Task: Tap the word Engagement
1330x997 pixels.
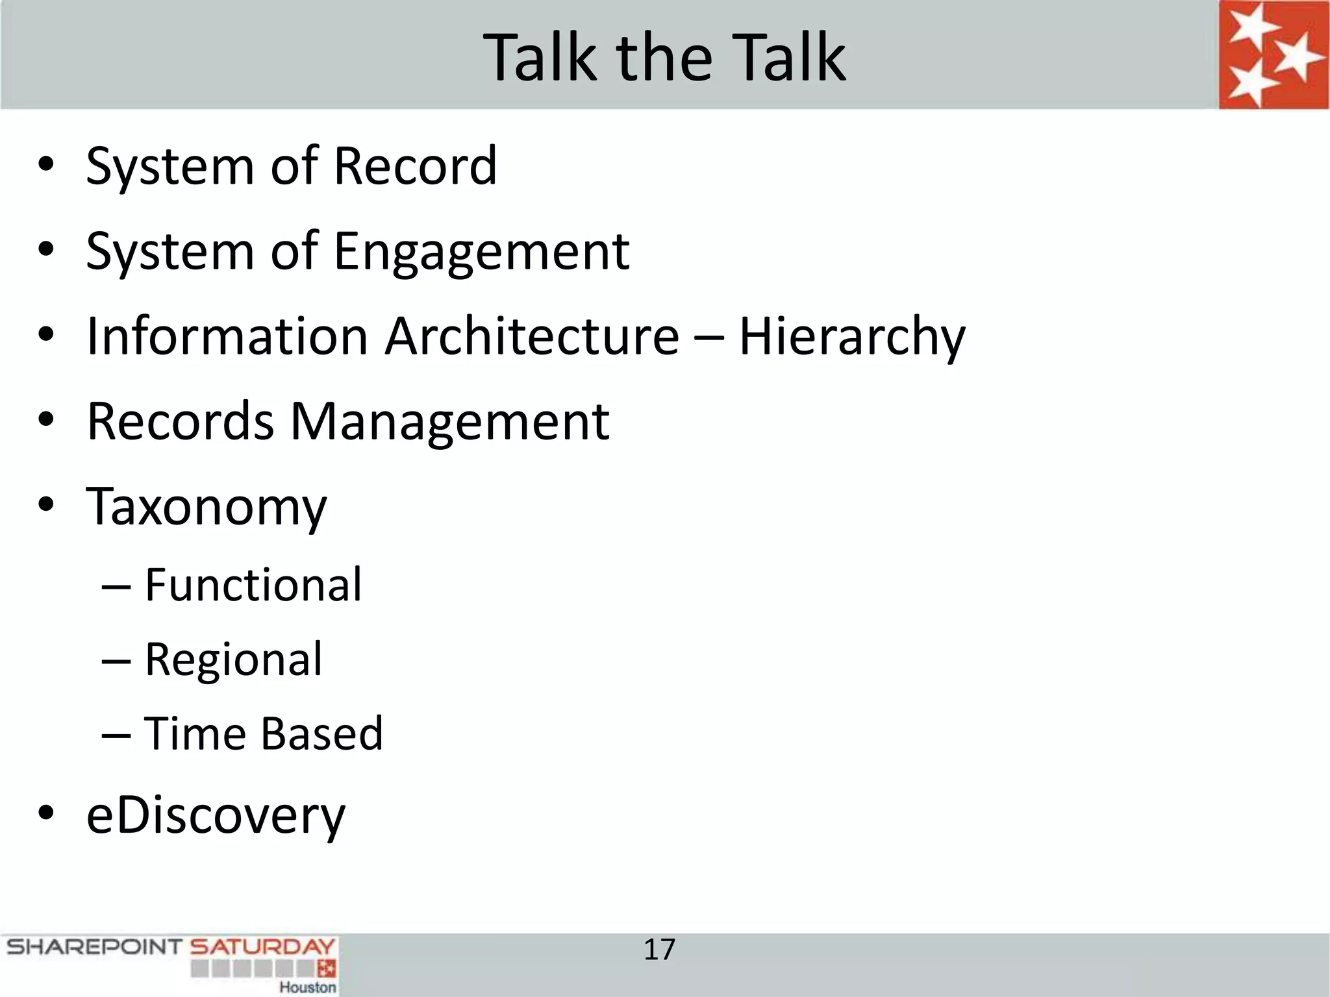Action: (481, 252)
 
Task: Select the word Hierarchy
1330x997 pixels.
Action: (852, 338)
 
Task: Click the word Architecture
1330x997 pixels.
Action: (532, 336)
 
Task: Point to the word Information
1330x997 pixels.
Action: (227, 336)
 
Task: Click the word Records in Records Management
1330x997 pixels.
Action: (181, 422)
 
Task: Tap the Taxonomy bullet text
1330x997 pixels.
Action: (207, 508)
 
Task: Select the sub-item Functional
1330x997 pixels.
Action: (253, 585)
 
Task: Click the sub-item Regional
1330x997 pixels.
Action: (233, 660)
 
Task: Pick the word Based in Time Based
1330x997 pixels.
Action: (322, 733)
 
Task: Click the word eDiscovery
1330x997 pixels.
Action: (216, 817)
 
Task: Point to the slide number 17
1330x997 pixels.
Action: (659, 950)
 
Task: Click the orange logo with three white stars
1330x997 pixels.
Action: (1274, 55)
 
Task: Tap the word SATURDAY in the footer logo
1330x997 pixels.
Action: (262, 947)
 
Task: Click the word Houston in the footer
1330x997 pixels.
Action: (308, 987)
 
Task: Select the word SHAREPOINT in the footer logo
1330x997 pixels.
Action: (94, 947)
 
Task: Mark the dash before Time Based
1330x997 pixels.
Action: (117, 735)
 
